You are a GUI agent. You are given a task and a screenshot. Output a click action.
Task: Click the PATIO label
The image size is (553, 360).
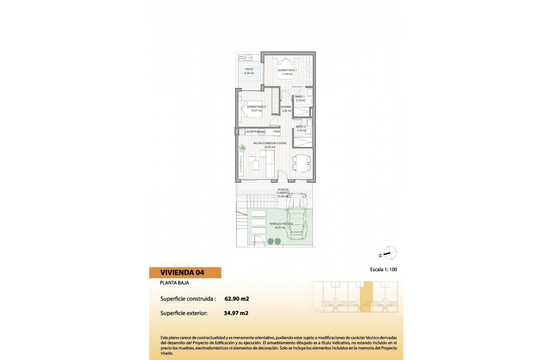249,69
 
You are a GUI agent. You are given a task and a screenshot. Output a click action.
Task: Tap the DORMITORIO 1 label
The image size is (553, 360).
287,70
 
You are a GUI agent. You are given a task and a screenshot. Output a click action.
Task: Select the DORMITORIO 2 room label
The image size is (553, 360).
257,107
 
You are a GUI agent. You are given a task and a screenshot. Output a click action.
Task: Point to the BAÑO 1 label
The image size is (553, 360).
300,96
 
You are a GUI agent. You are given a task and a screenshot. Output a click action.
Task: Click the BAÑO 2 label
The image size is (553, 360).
301,126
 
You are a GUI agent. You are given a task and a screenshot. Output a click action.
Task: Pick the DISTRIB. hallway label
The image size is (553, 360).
286,107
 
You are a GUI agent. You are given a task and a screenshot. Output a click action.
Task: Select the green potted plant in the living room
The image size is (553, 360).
243,148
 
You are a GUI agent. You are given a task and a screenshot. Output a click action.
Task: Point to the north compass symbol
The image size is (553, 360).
389,253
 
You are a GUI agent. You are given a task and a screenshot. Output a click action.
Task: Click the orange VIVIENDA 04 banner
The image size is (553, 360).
185,273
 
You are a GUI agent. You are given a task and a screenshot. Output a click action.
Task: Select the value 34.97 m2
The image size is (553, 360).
236,313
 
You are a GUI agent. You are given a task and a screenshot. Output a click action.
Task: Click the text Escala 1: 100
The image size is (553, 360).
386,270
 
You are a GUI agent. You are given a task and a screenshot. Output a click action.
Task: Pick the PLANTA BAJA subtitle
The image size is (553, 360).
174,283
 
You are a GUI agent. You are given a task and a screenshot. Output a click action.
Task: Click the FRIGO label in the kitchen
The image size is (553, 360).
276,131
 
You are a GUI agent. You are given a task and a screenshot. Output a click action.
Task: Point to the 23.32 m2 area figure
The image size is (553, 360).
270,147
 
